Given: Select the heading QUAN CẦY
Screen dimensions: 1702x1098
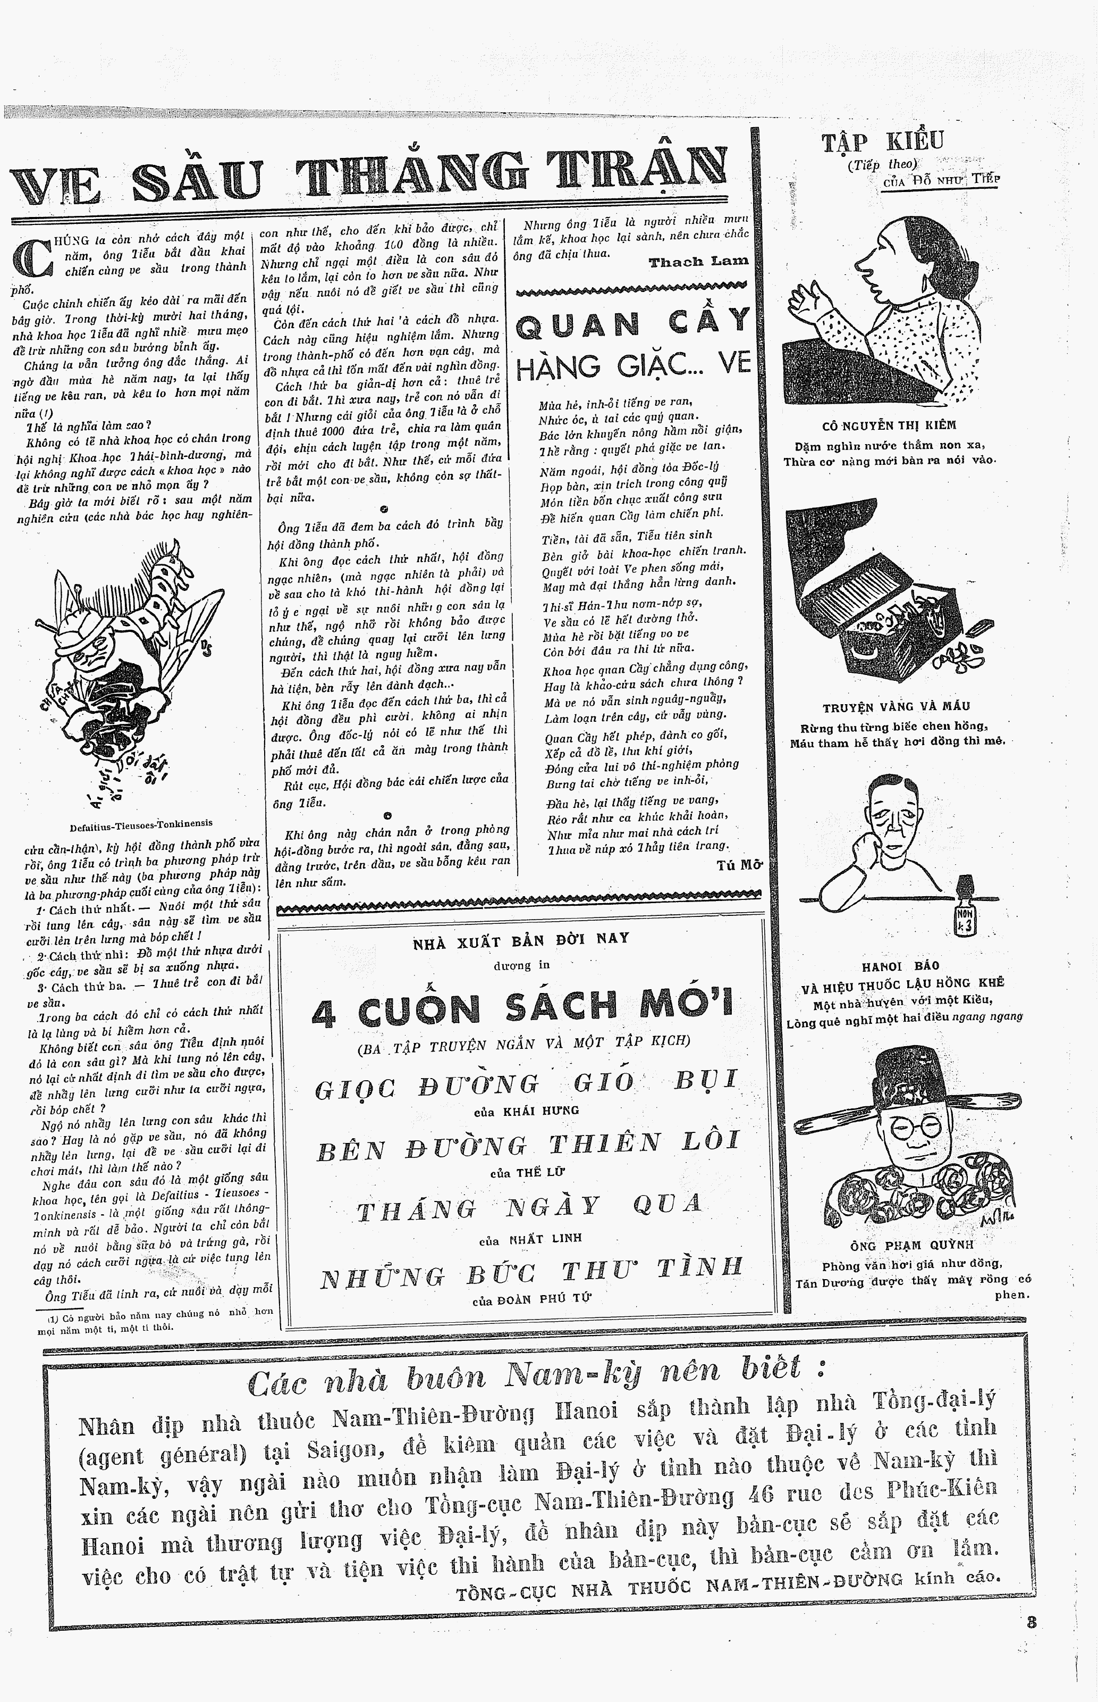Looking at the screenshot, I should pos(632,323).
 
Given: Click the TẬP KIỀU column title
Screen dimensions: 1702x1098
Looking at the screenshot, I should pos(883,140).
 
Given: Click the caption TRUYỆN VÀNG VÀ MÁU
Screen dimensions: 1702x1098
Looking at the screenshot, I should pos(896,706).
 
